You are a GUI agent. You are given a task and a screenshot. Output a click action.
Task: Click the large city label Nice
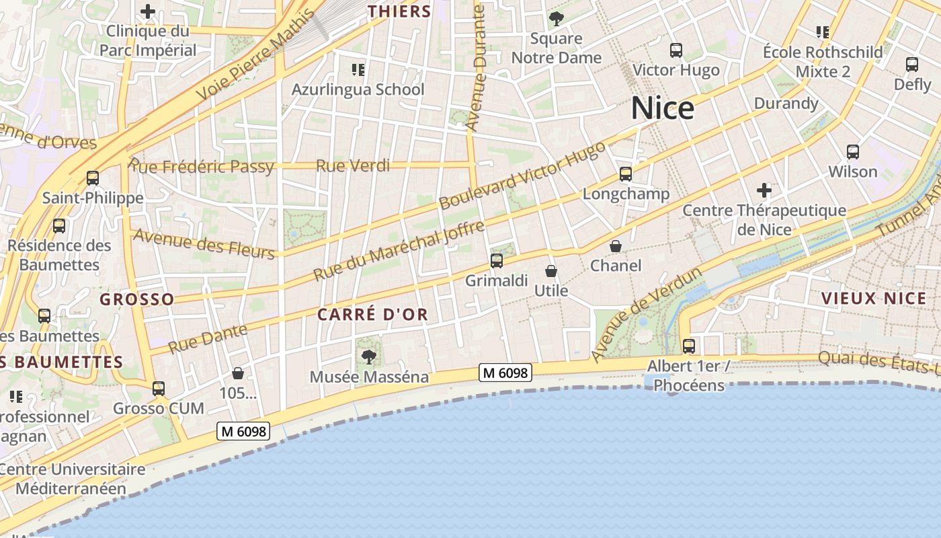(x=662, y=108)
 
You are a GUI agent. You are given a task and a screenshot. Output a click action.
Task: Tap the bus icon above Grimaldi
(x=497, y=260)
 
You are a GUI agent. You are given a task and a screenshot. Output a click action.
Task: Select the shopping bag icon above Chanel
(x=616, y=246)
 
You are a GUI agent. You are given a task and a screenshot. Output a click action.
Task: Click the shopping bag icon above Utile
(x=551, y=271)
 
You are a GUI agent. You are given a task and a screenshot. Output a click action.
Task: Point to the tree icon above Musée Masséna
(x=368, y=356)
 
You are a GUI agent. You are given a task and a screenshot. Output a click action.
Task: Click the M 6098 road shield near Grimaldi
(x=505, y=372)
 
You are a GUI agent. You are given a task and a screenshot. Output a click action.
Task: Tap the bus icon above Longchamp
(x=626, y=174)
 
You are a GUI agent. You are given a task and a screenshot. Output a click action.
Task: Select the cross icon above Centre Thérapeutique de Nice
(x=764, y=190)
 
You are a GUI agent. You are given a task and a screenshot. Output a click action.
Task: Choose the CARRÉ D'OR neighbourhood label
(x=372, y=314)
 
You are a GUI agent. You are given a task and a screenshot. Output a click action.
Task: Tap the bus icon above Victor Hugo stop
(x=676, y=50)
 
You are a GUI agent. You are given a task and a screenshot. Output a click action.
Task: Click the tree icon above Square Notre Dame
(x=556, y=18)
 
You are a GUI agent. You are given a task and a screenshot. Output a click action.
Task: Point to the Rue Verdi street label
(x=353, y=165)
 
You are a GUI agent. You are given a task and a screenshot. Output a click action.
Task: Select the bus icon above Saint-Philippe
(x=93, y=178)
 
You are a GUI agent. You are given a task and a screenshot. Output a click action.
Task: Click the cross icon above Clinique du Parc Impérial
(x=148, y=11)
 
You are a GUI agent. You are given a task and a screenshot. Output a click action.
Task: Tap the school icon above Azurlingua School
(x=358, y=69)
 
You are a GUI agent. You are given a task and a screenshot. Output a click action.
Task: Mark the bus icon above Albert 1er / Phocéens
(x=689, y=346)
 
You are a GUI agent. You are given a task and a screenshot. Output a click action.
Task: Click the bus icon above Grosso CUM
(x=159, y=388)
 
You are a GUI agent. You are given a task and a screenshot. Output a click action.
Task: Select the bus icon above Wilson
(x=853, y=152)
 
